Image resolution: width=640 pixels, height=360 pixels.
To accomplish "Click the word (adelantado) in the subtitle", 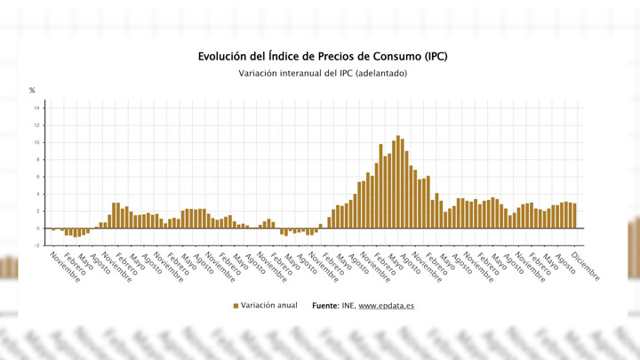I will [380, 73].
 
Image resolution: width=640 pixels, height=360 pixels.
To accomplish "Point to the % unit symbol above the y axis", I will [32, 91].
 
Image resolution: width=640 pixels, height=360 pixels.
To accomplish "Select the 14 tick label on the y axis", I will [36, 108].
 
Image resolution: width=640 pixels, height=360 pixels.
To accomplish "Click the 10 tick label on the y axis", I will [36, 142].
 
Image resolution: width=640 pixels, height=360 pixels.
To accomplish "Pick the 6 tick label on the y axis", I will [37, 177].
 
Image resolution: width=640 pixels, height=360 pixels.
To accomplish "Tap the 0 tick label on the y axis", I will [37, 228].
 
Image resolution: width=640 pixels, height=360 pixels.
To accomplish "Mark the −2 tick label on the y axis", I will [36, 245].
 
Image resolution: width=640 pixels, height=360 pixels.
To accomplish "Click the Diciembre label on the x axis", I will [585, 268].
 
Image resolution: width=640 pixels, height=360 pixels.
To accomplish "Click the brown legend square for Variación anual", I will [236, 306].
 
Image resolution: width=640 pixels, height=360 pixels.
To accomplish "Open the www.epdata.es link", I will [387, 306].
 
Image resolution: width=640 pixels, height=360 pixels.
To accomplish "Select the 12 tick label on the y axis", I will [36, 125].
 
